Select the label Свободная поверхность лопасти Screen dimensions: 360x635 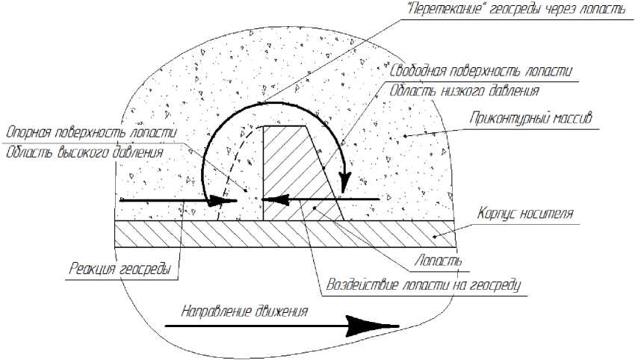coord(482,72)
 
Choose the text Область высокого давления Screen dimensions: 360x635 coord(84,153)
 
